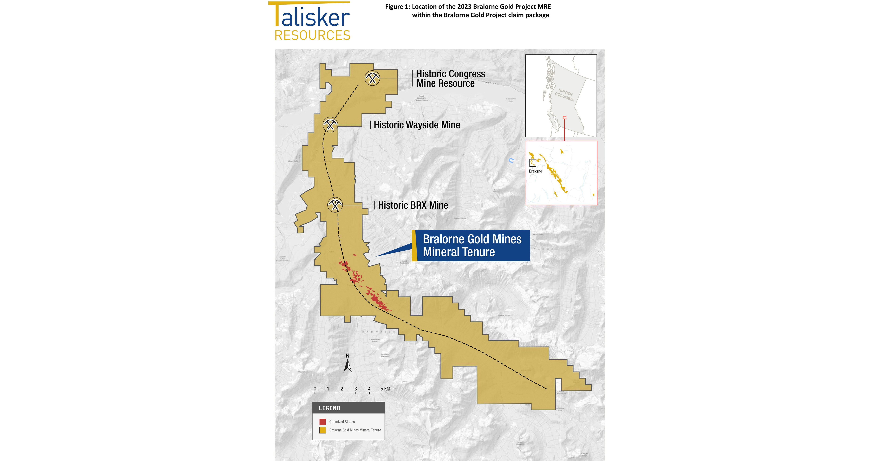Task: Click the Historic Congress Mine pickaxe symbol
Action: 372,78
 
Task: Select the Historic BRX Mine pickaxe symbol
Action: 335,205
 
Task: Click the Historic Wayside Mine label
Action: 416,125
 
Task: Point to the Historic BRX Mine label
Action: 413,205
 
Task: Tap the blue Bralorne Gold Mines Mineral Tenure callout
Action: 472,246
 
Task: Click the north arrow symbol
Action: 347,364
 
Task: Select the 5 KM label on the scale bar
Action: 385,389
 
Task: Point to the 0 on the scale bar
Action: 315,389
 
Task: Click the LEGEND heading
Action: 329,408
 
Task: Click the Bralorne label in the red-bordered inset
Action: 535,171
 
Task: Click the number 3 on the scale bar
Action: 356,389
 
